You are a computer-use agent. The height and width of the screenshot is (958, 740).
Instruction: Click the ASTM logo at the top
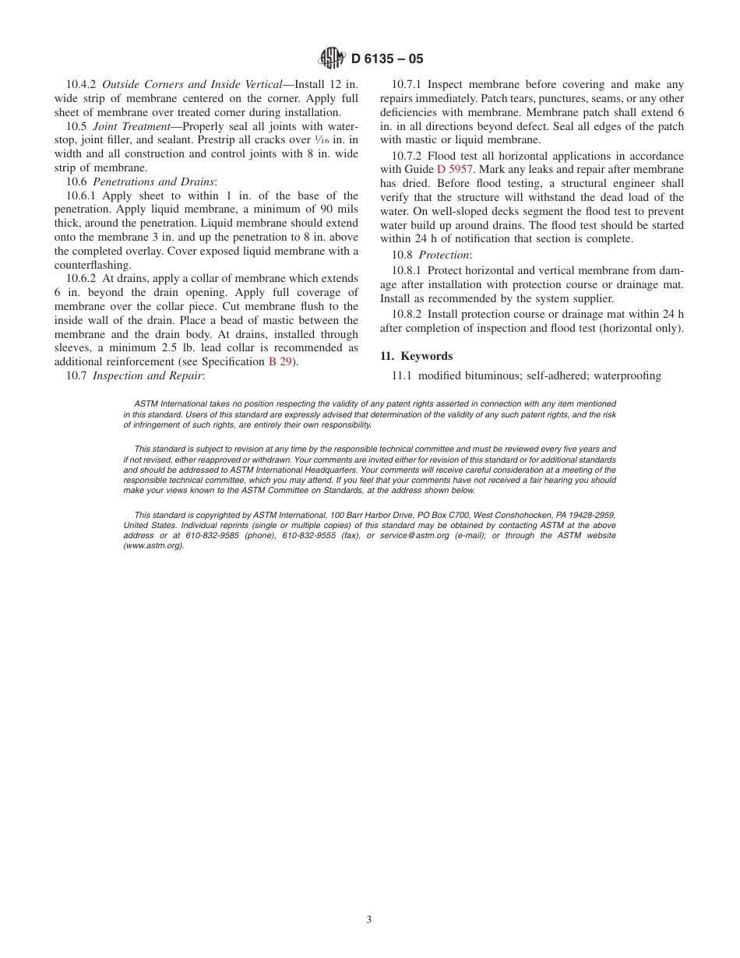(x=331, y=58)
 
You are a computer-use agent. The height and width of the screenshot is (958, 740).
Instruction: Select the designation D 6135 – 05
(x=387, y=59)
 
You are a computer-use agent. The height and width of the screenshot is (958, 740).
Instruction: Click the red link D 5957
(x=454, y=169)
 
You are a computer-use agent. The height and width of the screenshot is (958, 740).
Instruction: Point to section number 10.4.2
(x=82, y=85)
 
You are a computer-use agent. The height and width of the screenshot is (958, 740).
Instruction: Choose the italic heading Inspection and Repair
(x=148, y=375)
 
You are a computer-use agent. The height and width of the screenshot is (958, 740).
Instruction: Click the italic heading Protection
(x=444, y=255)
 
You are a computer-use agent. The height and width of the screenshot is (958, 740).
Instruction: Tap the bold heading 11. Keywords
(x=416, y=356)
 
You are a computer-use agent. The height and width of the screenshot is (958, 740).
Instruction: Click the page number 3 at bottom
(x=369, y=919)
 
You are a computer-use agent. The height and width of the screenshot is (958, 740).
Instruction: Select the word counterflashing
(x=93, y=265)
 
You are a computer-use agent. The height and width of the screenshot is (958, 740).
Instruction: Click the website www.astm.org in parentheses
(x=153, y=546)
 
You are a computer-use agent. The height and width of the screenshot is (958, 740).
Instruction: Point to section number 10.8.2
(x=407, y=314)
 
